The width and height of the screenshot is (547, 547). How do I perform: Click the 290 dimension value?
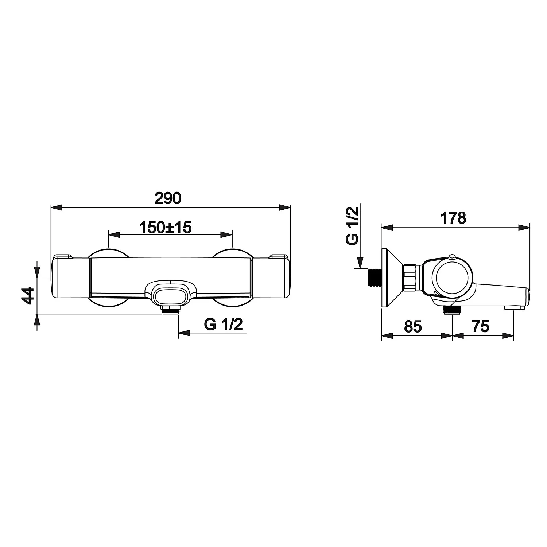168,198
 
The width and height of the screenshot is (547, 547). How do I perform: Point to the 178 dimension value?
453,218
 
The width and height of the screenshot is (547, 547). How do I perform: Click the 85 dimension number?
413,326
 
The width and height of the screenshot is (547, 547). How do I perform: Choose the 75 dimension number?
480,326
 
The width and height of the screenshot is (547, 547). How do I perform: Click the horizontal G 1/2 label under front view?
223,324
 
